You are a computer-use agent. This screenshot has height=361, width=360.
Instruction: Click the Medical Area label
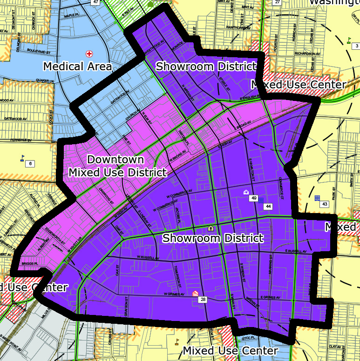coord(77,67)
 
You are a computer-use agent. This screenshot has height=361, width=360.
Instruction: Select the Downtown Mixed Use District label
coord(117,166)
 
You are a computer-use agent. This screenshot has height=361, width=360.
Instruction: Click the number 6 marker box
coord(30,163)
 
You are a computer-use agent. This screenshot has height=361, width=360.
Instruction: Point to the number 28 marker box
coord(203,300)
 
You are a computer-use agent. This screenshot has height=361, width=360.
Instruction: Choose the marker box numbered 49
coord(254,199)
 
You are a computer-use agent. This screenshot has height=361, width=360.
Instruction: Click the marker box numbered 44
coord(268,206)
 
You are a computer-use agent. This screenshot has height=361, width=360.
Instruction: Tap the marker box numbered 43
coord(325,204)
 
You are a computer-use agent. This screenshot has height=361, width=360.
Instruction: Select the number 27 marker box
coord(278,2)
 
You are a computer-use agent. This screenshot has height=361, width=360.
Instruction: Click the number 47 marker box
coord(95,2)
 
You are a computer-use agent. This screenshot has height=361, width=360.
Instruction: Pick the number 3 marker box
coord(356,46)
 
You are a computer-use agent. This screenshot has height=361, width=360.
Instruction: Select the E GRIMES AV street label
coord(270,297)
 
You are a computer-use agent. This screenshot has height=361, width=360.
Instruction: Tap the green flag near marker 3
coord(349,40)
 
